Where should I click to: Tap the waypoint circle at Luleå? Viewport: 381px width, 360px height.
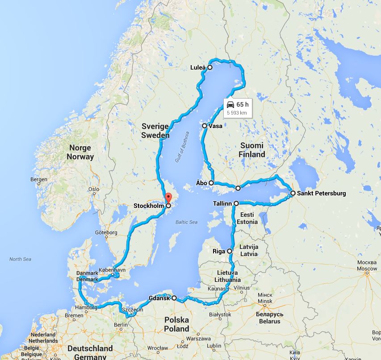[210, 67]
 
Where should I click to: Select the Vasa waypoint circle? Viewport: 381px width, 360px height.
[205, 126]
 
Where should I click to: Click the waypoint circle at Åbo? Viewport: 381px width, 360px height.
[211, 183]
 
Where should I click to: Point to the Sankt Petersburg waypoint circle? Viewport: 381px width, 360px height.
[293, 193]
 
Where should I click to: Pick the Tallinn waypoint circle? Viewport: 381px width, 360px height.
[236, 203]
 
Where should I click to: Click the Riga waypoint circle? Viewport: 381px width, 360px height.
[230, 251]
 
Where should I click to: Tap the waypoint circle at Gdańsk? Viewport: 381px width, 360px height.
[174, 298]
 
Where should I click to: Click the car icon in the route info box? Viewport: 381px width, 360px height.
[230, 104]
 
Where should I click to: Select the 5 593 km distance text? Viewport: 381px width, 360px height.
[237, 113]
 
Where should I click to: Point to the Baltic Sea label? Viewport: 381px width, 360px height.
[186, 222]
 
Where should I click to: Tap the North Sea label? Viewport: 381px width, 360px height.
[21, 259]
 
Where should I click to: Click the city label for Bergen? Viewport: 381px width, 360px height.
[39, 180]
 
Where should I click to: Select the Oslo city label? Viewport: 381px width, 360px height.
[93, 189]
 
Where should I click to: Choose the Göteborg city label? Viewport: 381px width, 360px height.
[106, 232]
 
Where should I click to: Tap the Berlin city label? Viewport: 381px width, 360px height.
[121, 325]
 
